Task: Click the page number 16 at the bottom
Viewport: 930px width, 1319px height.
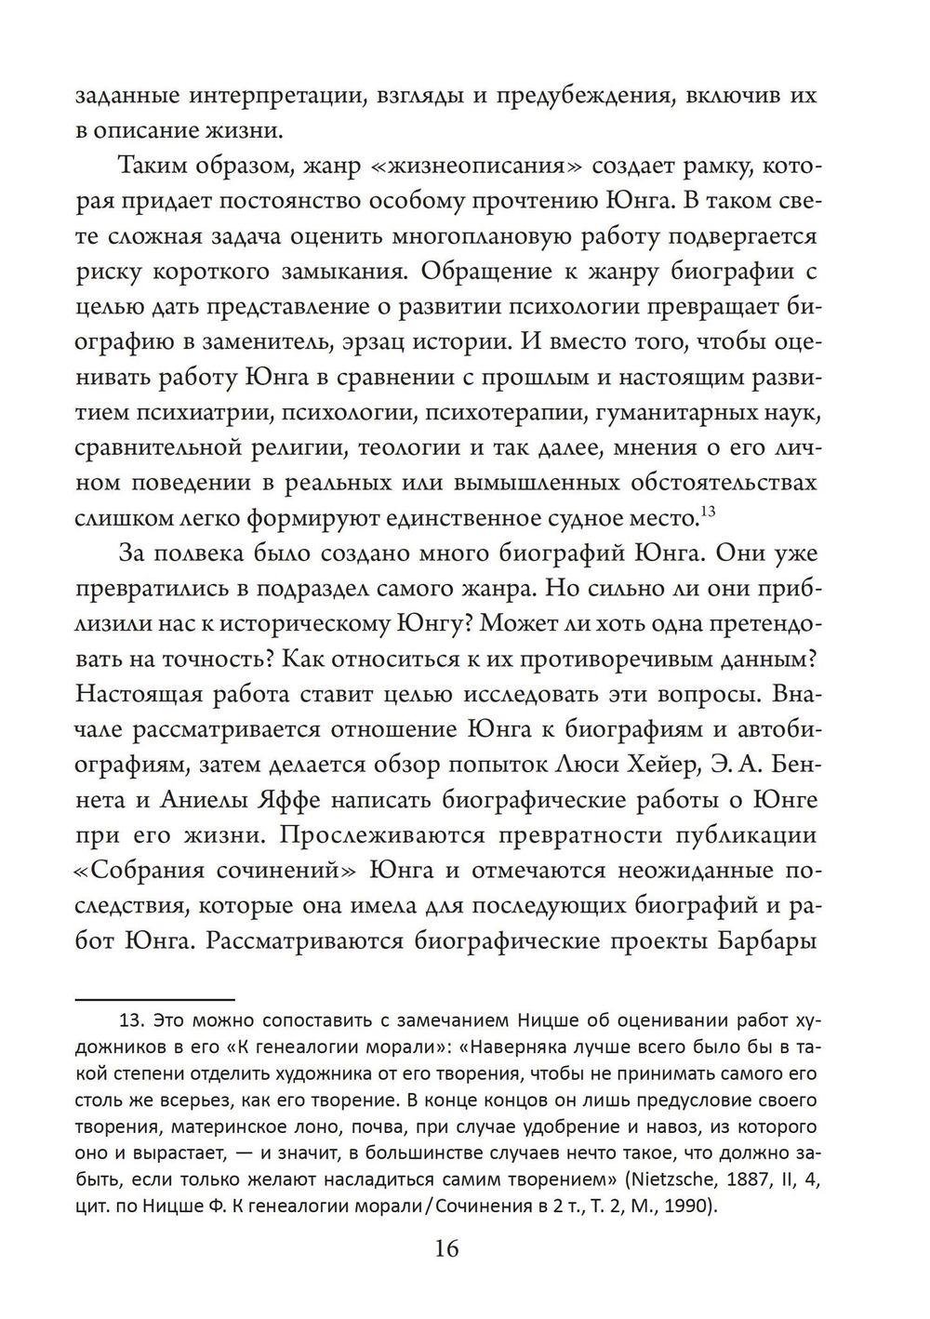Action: point(446,1247)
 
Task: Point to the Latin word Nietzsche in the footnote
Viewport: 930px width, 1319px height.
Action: point(670,1181)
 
